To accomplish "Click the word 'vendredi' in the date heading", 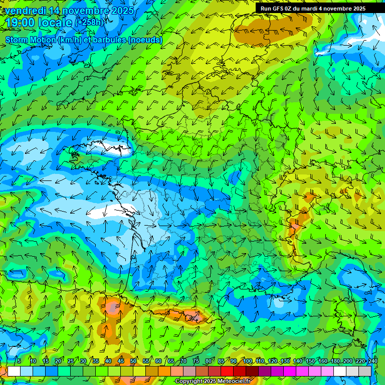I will (x=24, y=11).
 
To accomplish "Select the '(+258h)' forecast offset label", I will (x=89, y=22).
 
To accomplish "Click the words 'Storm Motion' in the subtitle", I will (x=31, y=40).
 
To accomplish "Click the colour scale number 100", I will (x=247, y=361).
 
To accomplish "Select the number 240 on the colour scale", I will (x=372, y=361).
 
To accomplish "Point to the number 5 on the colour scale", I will (x=19, y=361).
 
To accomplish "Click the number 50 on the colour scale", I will (x=133, y=361).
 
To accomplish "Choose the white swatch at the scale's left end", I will (x=14, y=371).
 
